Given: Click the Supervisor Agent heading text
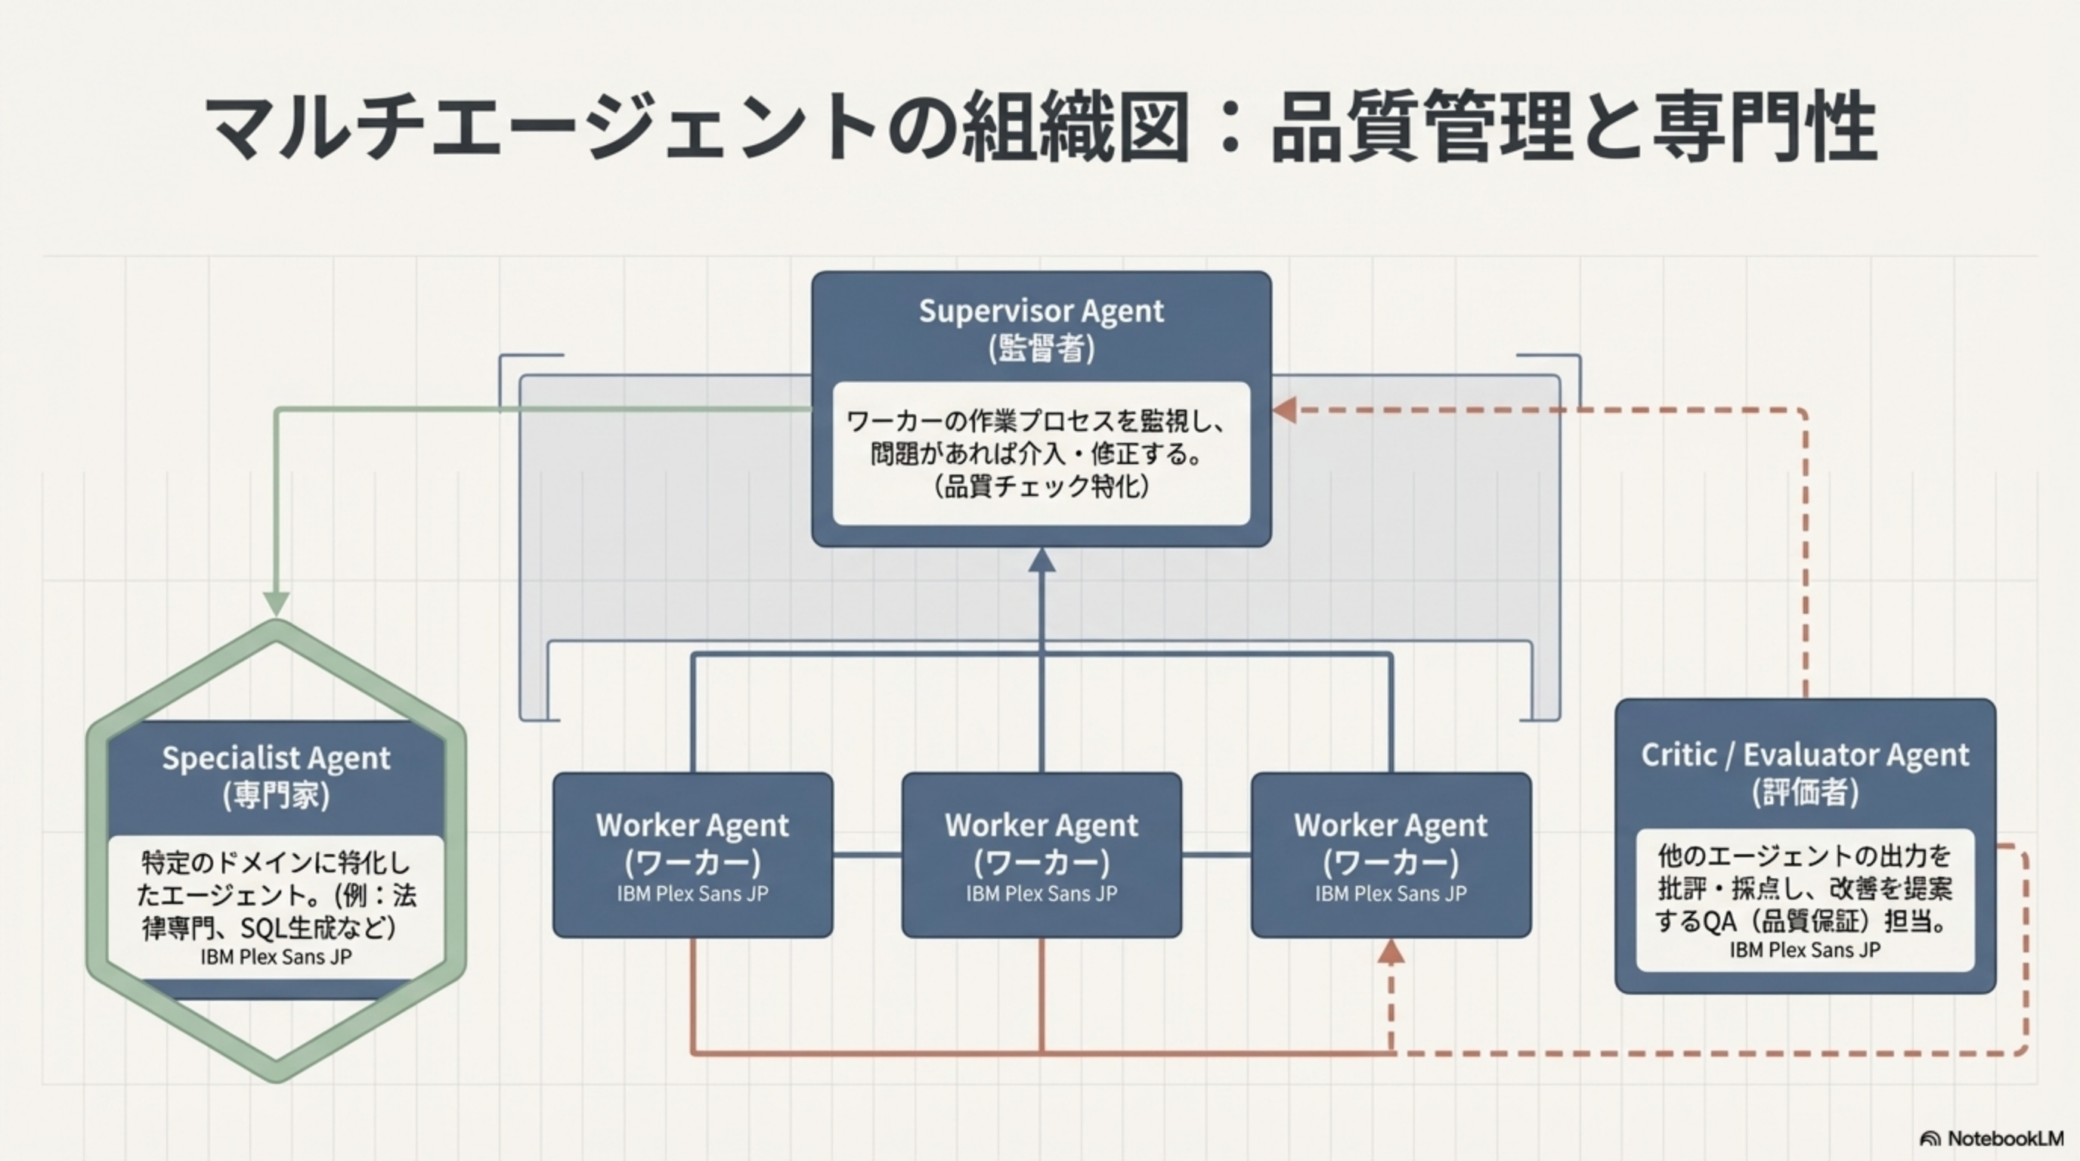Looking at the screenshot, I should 1041,311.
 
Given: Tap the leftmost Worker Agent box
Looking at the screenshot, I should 693,854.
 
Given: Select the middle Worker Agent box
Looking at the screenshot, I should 1042,854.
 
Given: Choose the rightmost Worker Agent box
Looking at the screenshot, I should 1391,854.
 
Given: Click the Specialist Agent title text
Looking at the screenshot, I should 276,758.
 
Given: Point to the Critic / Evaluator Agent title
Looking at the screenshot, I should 1805,755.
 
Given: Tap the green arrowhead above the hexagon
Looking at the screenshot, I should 276,603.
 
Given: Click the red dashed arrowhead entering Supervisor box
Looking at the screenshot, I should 1285,410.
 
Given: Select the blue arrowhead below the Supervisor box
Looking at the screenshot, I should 1042,560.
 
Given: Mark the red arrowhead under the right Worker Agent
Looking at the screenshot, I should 1391,952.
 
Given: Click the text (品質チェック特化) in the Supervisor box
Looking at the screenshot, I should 1041,487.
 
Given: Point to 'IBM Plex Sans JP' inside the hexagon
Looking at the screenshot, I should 276,957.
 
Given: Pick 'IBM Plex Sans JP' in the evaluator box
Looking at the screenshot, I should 1805,950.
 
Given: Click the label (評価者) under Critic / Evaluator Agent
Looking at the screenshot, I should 1805,793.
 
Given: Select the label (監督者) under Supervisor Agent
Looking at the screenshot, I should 1041,348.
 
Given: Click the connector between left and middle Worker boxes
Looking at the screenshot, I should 867,854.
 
